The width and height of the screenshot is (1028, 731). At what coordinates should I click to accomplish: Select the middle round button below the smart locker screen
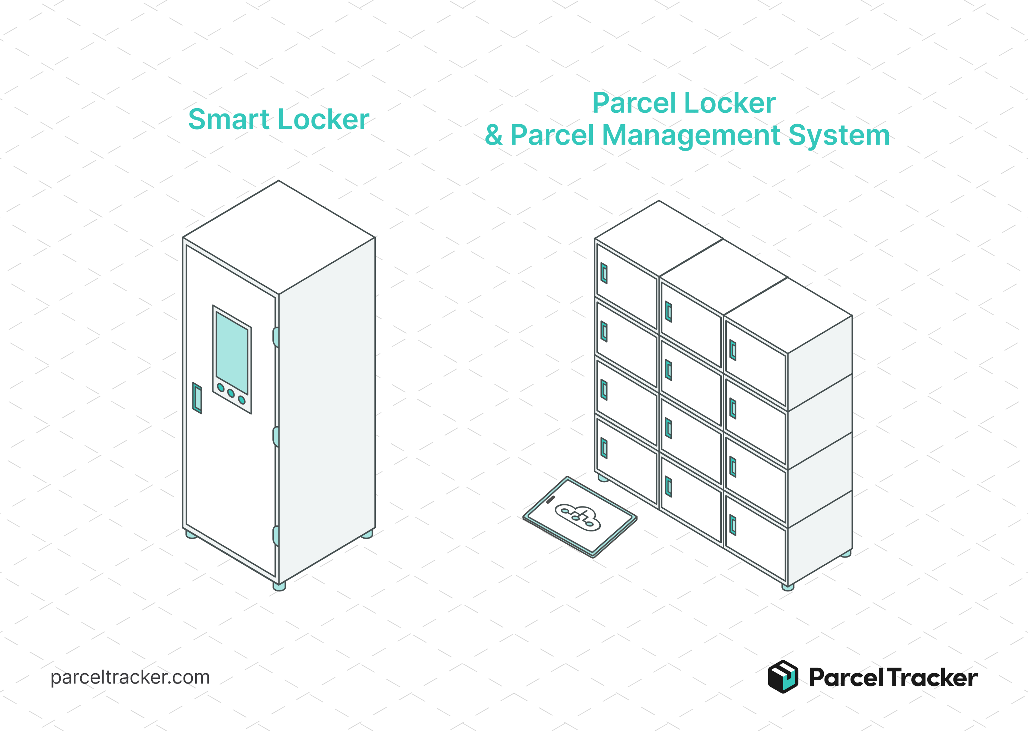pyautogui.click(x=231, y=393)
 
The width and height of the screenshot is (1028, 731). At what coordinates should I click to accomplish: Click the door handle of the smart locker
pyautogui.click(x=197, y=398)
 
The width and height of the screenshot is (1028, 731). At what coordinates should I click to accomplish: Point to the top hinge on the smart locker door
pyautogui.click(x=276, y=337)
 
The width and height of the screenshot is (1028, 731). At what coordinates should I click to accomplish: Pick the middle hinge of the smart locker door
pyautogui.click(x=276, y=437)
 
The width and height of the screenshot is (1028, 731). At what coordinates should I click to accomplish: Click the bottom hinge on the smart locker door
pyautogui.click(x=276, y=536)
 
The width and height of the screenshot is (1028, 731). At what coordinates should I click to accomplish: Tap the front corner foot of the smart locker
pyautogui.click(x=279, y=586)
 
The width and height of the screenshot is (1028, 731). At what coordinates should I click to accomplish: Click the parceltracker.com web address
pyautogui.click(x=130, y=677)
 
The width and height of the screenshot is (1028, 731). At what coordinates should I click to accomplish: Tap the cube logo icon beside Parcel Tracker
pyautogui.click(x=783, y=676)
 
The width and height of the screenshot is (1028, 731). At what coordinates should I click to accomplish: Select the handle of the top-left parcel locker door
pyautogui.click(x=604, y=273)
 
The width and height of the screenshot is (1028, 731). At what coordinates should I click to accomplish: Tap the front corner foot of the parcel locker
pyautogui.click(x=788, y=587)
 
